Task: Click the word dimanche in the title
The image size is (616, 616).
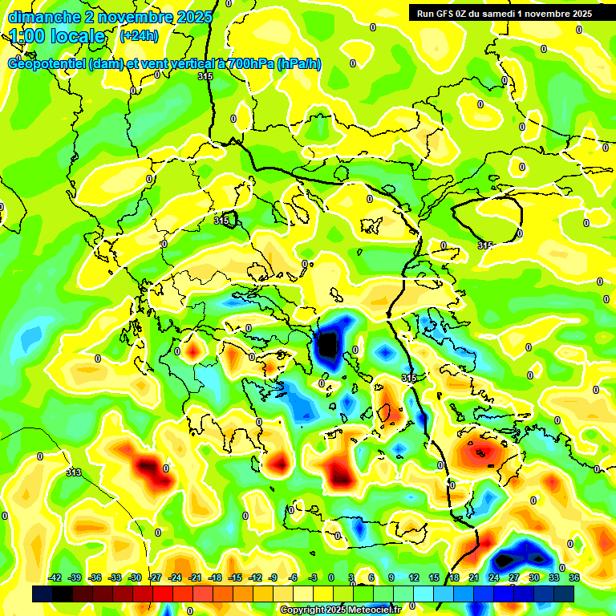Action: (x=44, y=17)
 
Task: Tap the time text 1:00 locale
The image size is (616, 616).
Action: (x=57, y=36)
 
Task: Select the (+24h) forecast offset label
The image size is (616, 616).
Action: (x=139, y=36)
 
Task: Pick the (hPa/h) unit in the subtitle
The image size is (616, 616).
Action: (x=298, y=64)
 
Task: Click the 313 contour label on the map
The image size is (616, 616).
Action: (x=74, y=472)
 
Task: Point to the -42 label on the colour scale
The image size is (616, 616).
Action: (x=55, y=577)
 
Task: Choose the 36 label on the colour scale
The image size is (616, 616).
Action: (x=574, y=577)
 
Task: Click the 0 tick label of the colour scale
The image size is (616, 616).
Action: (x=332, y=577)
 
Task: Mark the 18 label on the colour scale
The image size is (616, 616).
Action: (x=454, y=577)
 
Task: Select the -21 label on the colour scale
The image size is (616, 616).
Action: (x=195, y=577)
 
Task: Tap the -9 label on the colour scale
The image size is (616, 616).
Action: (x=274, y=577)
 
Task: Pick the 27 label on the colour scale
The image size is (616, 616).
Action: (x=514, y=577)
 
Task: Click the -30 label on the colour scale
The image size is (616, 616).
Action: (x=135, y=577)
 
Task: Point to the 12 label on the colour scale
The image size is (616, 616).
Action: (x=414, y=577)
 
